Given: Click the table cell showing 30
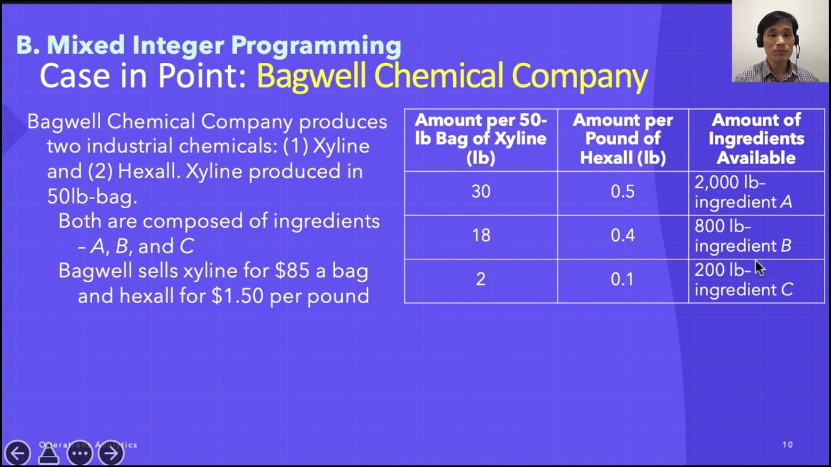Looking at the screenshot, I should (x=480, y=192).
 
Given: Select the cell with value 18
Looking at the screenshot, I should (x=480, y=235).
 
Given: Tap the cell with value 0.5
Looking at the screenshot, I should (x=622, y=192).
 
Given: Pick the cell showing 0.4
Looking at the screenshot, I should (x=622, y=235).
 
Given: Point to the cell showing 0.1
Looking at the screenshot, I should (x=622, y=280).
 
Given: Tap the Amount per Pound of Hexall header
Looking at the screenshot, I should (x=623, y=139).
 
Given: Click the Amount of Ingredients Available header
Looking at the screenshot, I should (x=756, y=139).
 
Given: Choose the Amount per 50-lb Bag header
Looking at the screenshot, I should (x=480, y=139).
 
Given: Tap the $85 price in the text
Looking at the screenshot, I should (x=292, y=270).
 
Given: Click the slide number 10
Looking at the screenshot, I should (x=788, y=445).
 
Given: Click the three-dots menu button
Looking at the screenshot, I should (x=80, y=453).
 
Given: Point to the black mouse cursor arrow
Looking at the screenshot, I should (x=759, y=268).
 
